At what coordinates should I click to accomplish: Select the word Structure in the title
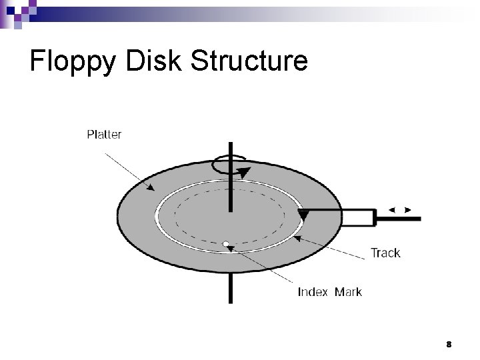click(x=249, y=61)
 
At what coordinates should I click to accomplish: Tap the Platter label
click(x=105, y=135)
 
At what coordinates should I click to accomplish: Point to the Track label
click(x=385, y=253)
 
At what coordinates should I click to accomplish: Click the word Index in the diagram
click(x=313, y=292)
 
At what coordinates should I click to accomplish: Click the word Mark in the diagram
click(x=348, y=292)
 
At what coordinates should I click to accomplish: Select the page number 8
click(x=449, y=345)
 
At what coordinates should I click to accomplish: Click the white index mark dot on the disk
click(x=226, y=244)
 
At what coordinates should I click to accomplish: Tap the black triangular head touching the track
click(x=303, y=215)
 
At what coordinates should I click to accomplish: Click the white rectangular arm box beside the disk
click(x=359, y=217)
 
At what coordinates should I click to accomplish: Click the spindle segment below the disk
click(x=231, y=287)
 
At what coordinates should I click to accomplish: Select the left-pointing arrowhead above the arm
click(x=392, y=210)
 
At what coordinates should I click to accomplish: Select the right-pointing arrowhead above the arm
click(x=408, y=210)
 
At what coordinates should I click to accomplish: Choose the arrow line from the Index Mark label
click(x=263, y=269)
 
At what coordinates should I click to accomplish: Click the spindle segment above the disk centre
click(x=231, y=187)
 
